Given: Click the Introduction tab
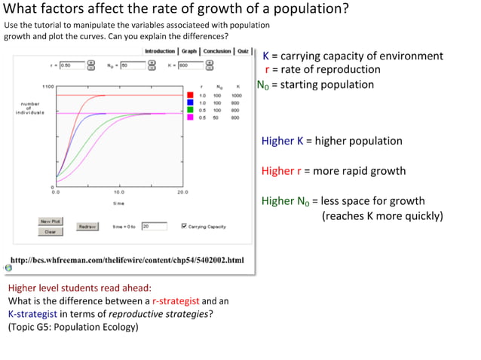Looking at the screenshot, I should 159,51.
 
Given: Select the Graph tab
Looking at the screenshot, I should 188,51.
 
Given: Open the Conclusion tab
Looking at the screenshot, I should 217,51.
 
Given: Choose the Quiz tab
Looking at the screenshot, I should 244,51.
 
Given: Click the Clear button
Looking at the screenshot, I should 50,232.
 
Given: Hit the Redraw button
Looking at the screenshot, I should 87,226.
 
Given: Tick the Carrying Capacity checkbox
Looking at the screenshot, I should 184,226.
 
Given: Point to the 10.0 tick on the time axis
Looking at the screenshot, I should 119,193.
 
